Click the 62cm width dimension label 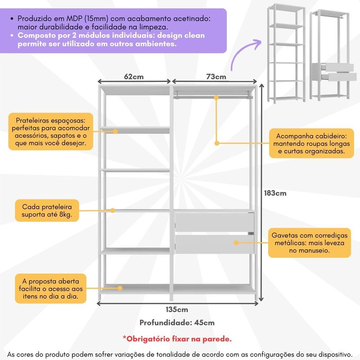coord(134,77)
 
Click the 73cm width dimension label coord(216,77)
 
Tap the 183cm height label coord(274,193)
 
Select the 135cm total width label coord(176,310)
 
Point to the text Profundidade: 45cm coord(177,323)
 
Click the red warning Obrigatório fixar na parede coord(177,338)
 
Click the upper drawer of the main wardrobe coord(214,222)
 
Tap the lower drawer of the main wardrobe coord(214,244)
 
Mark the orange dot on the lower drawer coord(235,243)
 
